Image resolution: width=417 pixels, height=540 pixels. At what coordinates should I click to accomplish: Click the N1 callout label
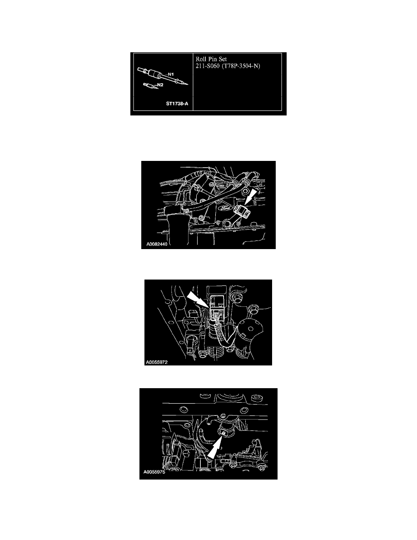point(171,75)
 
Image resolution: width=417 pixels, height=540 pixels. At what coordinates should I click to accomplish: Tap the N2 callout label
point(160,85)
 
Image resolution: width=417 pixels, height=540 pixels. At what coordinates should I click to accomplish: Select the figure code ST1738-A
point(177,104)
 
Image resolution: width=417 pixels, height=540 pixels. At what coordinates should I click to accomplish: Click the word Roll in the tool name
point(201,59)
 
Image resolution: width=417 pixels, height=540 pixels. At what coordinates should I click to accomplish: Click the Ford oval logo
point(225,208)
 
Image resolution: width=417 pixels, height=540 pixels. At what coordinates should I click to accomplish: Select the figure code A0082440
point(157,244)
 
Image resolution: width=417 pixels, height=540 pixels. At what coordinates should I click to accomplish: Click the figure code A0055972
point(157,362)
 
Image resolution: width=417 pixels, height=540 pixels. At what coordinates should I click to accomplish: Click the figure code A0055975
point(154,472)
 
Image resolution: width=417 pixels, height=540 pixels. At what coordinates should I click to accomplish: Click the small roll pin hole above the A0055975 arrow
point(223,433)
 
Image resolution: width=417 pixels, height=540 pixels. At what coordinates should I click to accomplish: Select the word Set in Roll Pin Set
point(223,59)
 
